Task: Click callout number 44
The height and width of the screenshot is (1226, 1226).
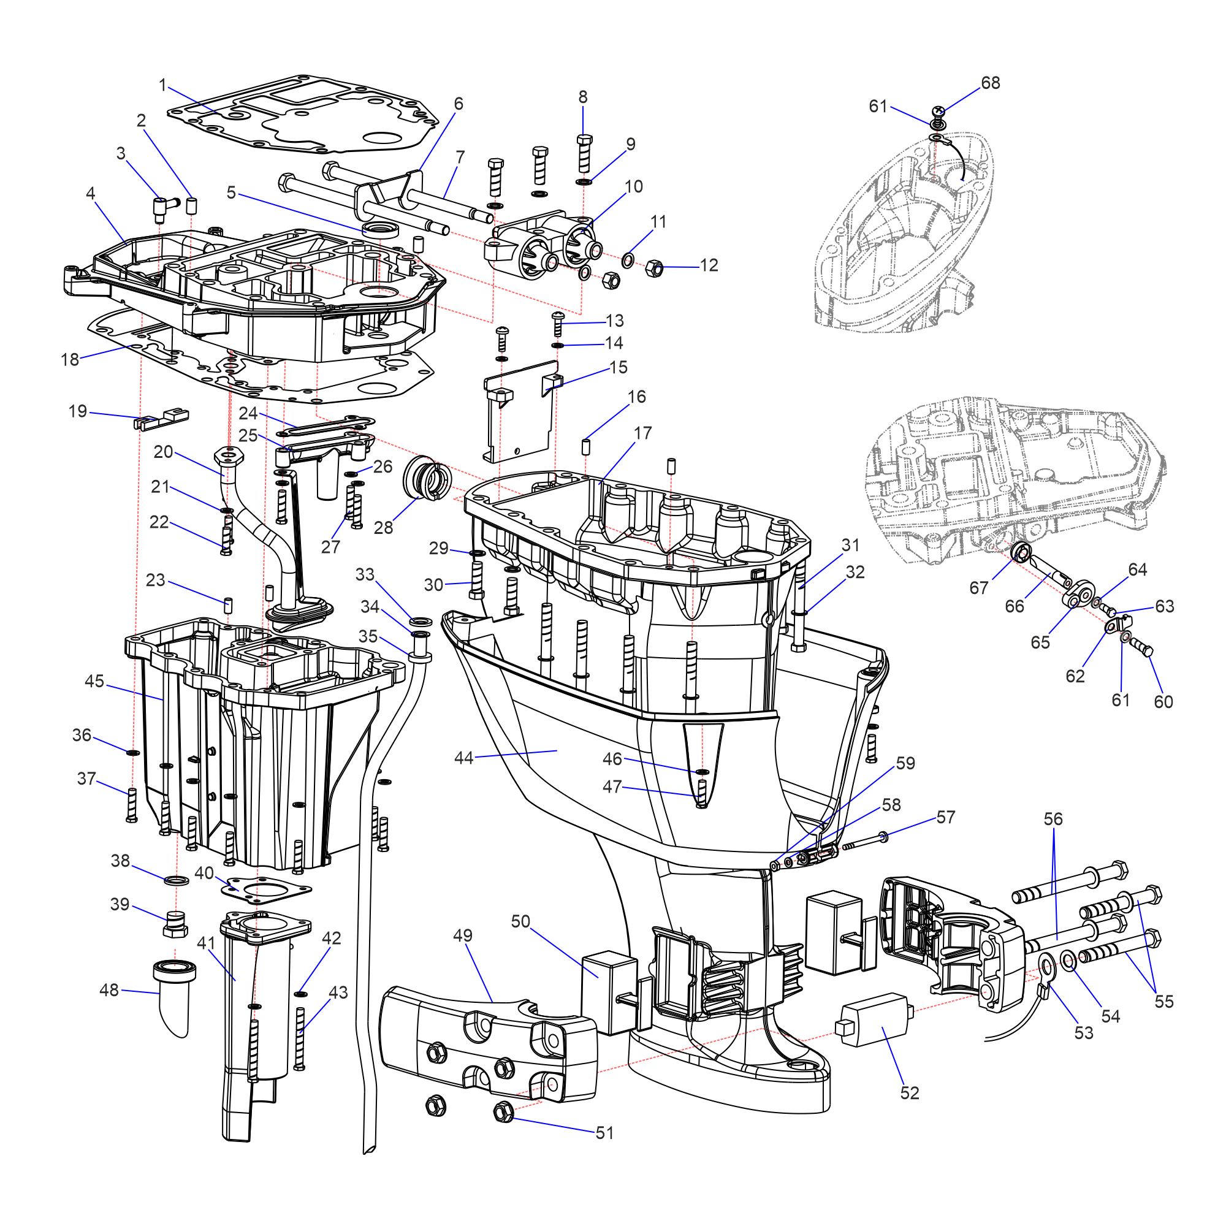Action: coord(463,758)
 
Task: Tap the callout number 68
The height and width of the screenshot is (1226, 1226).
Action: coord(990,83)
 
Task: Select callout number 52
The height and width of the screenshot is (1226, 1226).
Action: coord(909,1093)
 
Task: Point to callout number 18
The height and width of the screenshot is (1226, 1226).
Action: coord(70,360)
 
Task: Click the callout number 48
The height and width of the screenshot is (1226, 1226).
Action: coord(109,990)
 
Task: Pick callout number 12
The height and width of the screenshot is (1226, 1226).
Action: coord(709,265)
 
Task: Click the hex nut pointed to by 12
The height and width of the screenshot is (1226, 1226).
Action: coord(654,268)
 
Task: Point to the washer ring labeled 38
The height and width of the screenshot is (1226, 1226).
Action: coord(176,881)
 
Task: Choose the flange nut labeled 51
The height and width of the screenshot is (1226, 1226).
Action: coord(503,1111)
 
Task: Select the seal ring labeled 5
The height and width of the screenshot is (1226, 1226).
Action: coord(379,229)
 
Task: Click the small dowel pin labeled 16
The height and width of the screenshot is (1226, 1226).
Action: coord(587,446)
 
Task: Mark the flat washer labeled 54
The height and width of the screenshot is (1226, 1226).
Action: coord(1068,961)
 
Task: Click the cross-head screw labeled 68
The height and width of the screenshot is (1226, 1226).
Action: coord(939,112)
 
